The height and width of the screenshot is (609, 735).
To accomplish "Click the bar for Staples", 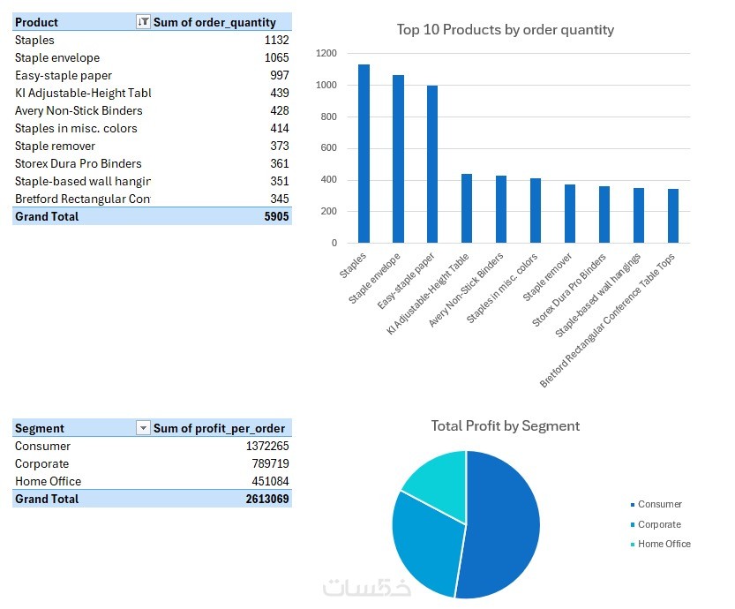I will (364, 154).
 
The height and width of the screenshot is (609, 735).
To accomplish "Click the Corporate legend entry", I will (659, 524).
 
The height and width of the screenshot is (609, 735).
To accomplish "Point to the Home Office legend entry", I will (664, 545).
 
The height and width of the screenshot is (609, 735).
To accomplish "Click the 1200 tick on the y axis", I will (326, 54).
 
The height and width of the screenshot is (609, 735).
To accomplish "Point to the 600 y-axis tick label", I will (329, 148).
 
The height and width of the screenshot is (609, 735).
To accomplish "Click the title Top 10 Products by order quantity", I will (505, 30).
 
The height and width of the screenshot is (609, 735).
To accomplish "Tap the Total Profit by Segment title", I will (505, 426).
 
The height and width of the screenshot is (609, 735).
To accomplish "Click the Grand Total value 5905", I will (276, 216).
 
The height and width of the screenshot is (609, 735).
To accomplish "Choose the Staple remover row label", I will (55, 146).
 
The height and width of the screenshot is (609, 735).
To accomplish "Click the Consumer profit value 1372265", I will (267, 446).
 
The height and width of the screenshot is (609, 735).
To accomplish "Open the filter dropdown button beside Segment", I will (143, 428).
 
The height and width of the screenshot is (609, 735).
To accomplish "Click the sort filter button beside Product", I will (143, 22).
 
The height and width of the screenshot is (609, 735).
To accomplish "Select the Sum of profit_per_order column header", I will (219, 428).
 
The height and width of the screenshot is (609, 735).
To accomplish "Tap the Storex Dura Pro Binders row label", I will (78, 163).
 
